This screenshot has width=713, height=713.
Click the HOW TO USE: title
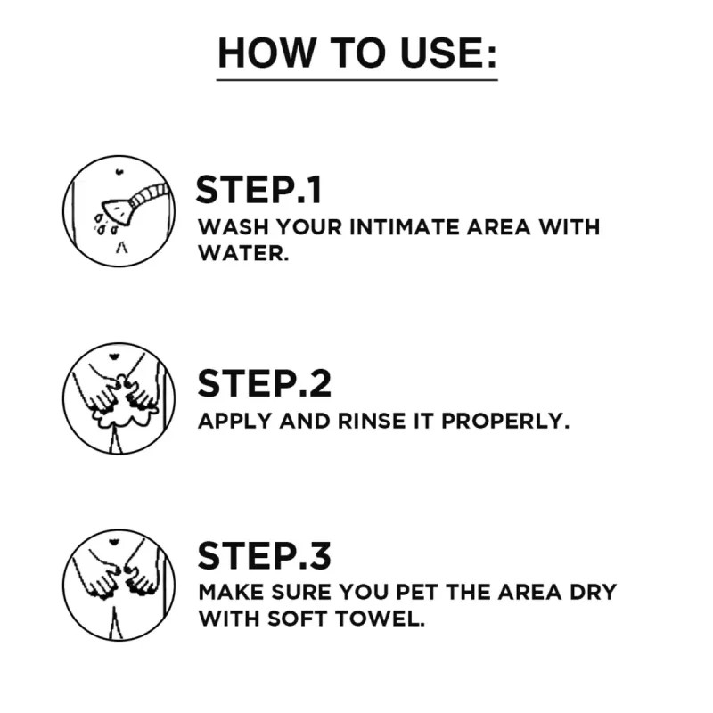(x=356, y=53)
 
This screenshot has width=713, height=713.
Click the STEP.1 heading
(x=258, y=191)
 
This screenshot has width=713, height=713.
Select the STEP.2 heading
(x=264, y=383)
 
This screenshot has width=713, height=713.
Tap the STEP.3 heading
(x=264, y=554)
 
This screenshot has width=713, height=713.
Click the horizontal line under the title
(x=356, y=80)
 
